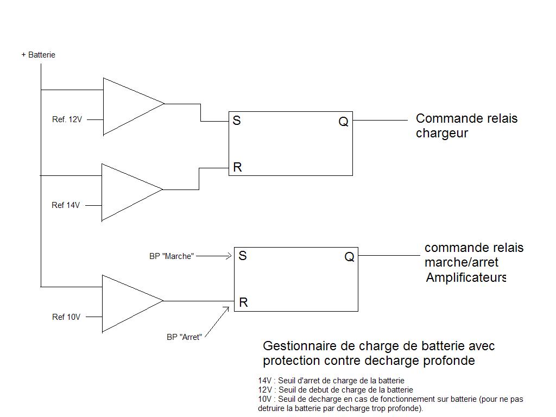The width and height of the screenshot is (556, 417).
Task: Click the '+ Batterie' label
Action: pyautogui.click(x=38, y=55)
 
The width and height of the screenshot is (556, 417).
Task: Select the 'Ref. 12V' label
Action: pyautogui.click(x=67, y=119)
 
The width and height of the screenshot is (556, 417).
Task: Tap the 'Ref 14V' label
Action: pyautogui.click(x=66, y=205)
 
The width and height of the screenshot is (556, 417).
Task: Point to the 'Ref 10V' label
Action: pyautogui.click(x=66, y=317)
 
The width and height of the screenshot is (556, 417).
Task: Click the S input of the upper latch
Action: pyautogui.click(x=237, y=121)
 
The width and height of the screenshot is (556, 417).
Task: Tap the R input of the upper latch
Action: pyautogui.click(x=237, y=167)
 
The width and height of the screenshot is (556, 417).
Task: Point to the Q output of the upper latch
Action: pyautogui.click(x=343, y=122)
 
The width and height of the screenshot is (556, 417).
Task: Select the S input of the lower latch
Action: pyautogui.click(x=243, y=256)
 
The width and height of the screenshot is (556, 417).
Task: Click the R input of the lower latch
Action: pyautogui.click(x=243, y=302)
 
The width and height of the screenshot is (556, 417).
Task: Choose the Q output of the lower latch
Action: pyautogui.click(x=349, y=257)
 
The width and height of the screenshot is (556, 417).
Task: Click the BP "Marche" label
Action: pyautogui.click(x=171, y=256)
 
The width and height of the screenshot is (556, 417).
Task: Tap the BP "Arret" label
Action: pyautogui.click(x=184, y=337)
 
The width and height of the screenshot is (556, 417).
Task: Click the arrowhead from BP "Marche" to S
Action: pyautogui.click(x=230, y=256)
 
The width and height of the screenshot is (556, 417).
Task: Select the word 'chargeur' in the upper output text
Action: pyautogui.click(x=441, y=134)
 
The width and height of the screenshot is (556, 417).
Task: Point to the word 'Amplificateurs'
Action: pyautogui.click(x=466, y=278)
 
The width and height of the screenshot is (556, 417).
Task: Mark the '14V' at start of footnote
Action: pyautogui.click(x=264, y=381)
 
